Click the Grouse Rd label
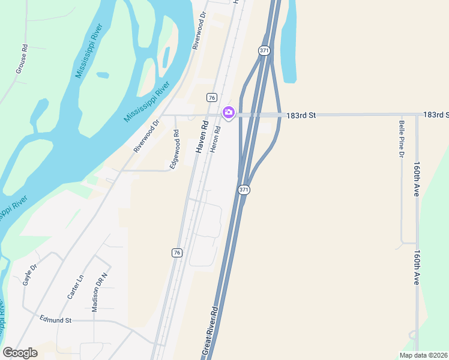tap(20, 59)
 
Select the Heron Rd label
tap(215, 139)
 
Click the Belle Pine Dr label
tap(401, 140)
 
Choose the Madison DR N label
tap(100, 292)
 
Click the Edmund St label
tap(55, 320)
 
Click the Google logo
tap(20, 353)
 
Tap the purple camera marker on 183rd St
tap(228, 112)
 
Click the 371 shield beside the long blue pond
tap(264, 51)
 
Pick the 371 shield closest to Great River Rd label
tap(243, 190)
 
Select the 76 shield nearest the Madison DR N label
tap(176, 253)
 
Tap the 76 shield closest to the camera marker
tap(211, 97)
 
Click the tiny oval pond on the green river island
tap(103, 76)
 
